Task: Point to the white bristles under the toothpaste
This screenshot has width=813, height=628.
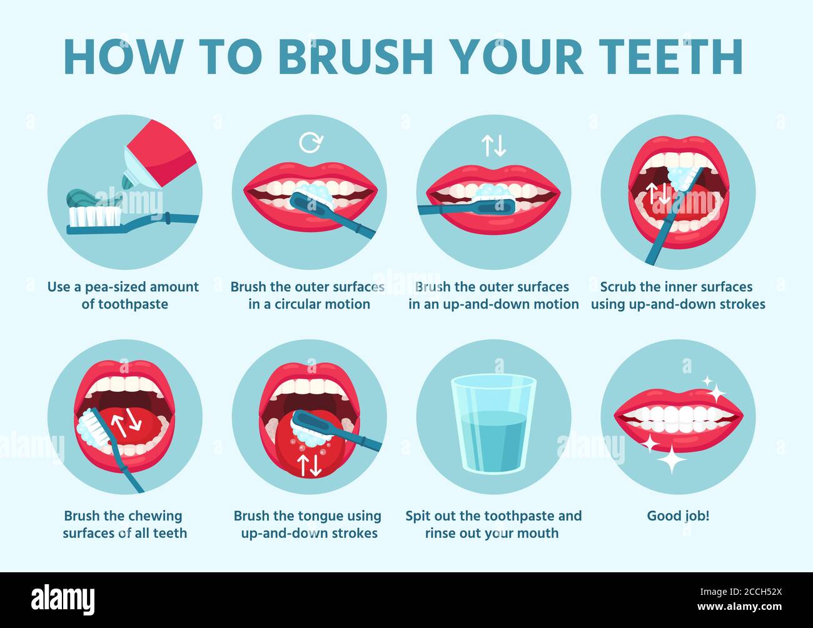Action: point(94,216)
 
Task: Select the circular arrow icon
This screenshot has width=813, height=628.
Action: point(310,143)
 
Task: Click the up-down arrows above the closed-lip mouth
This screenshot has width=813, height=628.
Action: point(493,145)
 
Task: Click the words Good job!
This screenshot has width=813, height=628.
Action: point(678,516)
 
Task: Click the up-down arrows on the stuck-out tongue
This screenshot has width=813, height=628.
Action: point(309,463)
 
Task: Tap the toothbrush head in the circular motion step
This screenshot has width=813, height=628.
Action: point(313,200)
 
